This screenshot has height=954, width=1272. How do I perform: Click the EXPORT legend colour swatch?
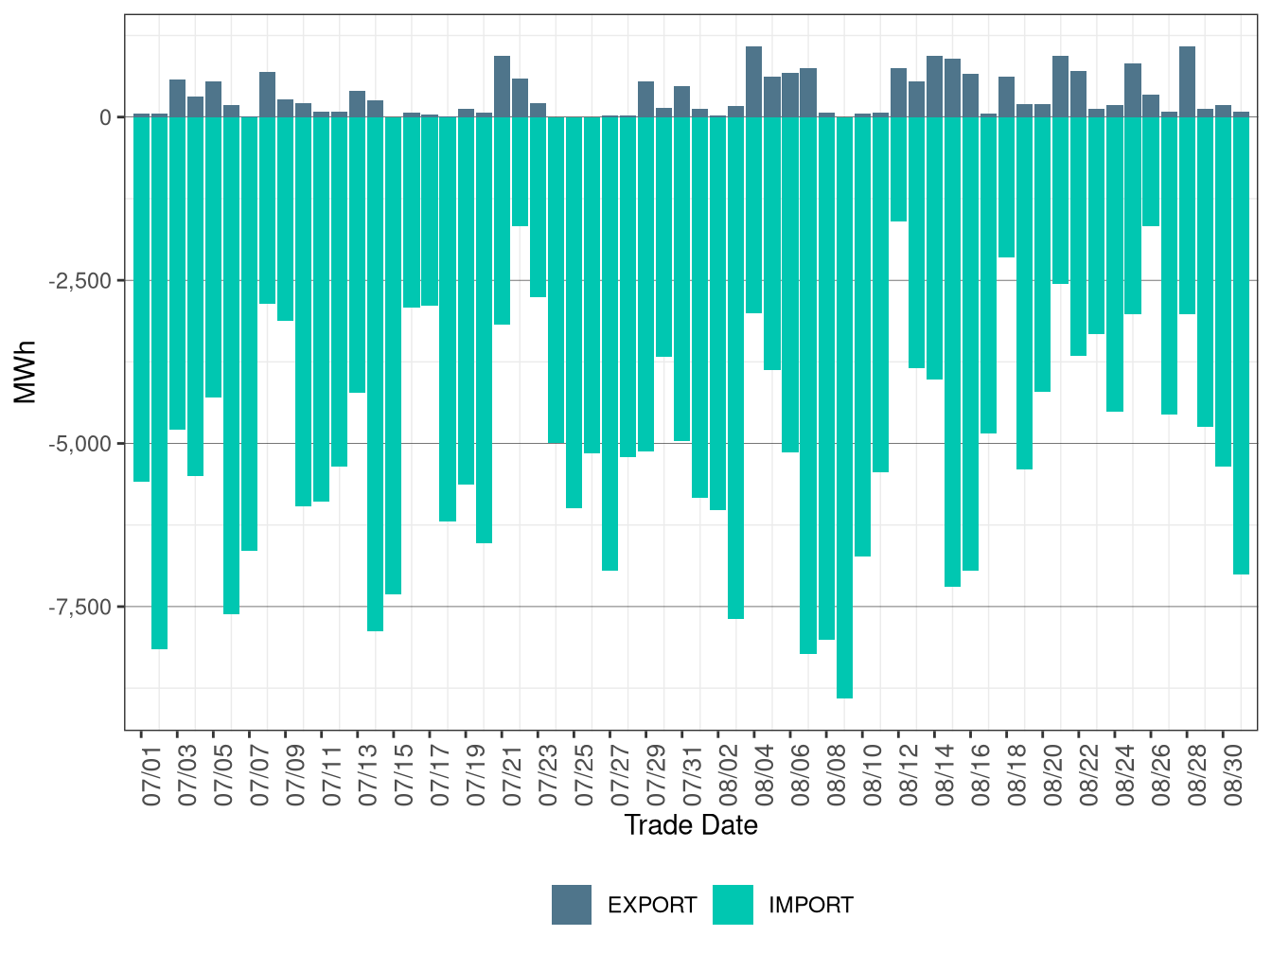(572, 905)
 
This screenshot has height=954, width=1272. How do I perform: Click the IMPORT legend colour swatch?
(733, 905)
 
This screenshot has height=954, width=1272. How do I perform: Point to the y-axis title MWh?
(26, 372)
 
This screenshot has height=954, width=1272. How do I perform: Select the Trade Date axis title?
(691, 825)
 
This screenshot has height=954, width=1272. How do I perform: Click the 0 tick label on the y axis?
(105, 117)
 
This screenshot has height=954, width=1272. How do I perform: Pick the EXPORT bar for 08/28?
(1187, 82)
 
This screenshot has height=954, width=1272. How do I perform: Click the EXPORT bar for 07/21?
(502, 87)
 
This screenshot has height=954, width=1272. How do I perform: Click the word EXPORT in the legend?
(652, 906)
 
